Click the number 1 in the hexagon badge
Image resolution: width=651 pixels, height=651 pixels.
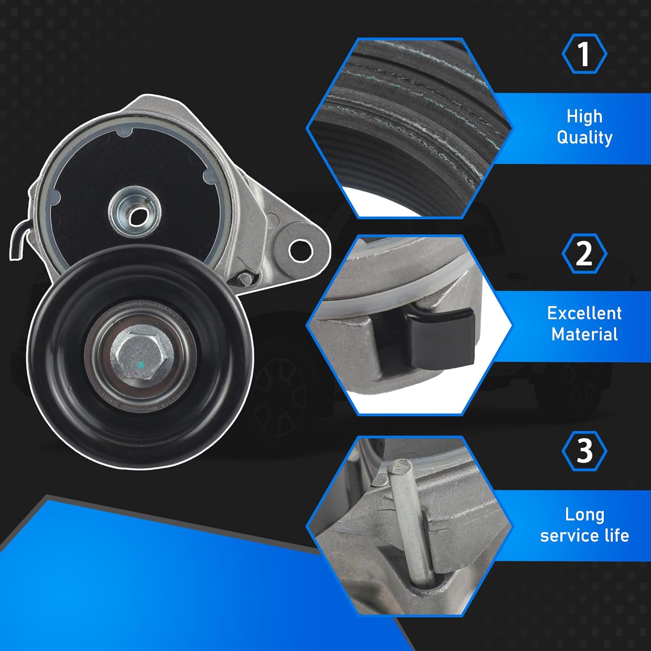click(584, 54)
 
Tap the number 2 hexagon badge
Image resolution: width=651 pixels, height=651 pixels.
click(584, 253)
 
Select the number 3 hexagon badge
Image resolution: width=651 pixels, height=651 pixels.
click(584, 451)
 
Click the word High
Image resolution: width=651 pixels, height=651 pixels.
click(584, 116)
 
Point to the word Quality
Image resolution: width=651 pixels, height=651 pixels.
click(584, 138)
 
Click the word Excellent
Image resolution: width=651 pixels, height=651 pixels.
click(584, 313)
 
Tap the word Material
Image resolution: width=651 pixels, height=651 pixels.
click(584, 334)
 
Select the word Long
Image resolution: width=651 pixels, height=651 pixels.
click(584, 514)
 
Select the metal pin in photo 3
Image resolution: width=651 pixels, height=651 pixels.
click(410, 521)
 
